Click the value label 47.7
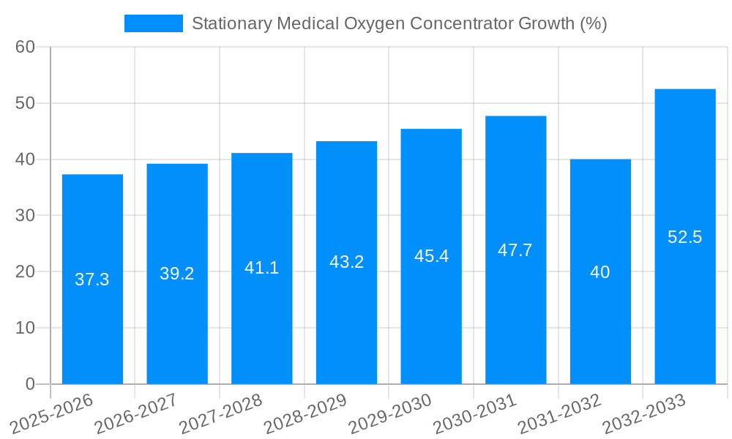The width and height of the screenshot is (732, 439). click(x=515, y=250)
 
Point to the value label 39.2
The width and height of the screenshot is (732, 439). click(x=177, y=274)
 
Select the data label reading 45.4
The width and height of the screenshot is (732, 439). click(x=431, y=256)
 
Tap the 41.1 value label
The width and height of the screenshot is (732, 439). click(x=261, y=268)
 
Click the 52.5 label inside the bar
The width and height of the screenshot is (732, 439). click(x=685, y=237)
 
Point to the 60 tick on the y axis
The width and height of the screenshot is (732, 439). click(x=25, y=47)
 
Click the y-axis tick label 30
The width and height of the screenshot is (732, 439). click(x=25, y=215)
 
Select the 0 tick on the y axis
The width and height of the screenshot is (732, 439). click(x=30, y=383)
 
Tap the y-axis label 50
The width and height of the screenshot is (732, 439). click(x=25, y=103)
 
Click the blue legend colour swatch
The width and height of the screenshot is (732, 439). click(x=154, y=23)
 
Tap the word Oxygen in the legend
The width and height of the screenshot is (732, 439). click(x=373, y=23)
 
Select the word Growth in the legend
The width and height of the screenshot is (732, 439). click(x=546, y=23)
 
